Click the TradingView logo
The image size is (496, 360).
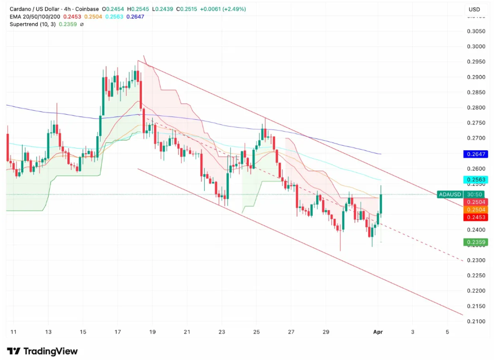pyautogui.click(x=42, y=351)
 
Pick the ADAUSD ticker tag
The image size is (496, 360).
pyautogui.click(x=450, y=194)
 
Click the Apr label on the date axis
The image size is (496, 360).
pyautogui.click(x=378, y=332)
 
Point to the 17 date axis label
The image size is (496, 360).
pyautogui.click(x=117, y=332)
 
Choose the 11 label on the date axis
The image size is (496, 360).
pyautogui.click(x=13, y=332)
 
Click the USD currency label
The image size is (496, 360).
pyautogui.click(x=474, y=10)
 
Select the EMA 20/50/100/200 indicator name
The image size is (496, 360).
pyautogui.click(x=35, y=17)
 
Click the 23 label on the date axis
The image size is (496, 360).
pyautogui.click(x=222, y=332)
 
